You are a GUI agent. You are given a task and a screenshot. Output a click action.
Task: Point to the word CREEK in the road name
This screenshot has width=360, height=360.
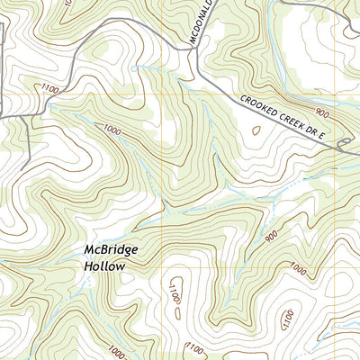pos(298,125)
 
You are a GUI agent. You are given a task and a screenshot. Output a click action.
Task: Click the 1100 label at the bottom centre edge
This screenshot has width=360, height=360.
pos(194,348)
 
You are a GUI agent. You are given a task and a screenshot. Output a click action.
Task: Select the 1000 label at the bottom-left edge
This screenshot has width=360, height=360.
pos(114,351)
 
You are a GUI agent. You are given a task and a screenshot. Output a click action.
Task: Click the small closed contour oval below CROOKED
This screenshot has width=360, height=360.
pos(256,130)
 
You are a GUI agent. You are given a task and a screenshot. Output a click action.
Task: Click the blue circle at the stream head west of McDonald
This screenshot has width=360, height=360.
pos(135,68)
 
